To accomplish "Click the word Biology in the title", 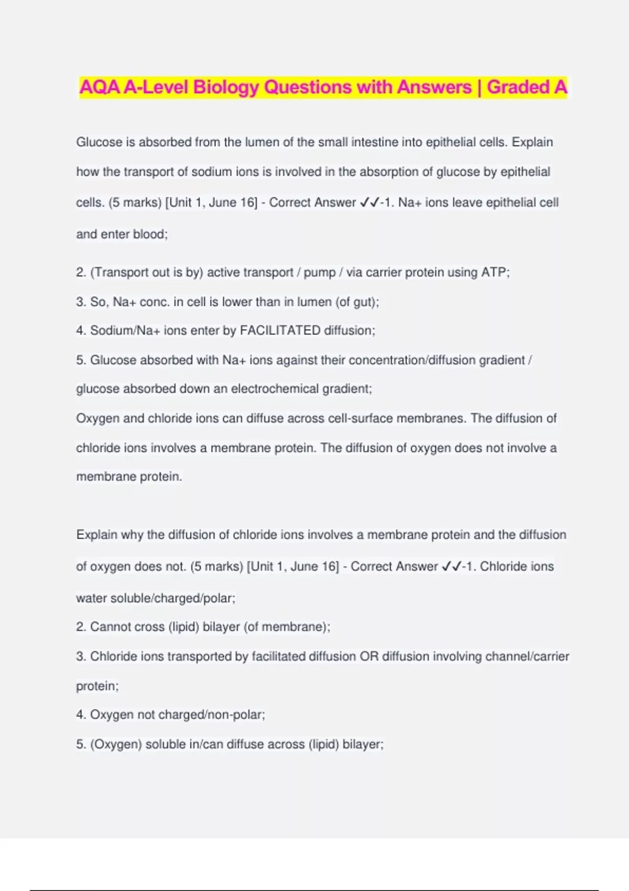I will (226, 87).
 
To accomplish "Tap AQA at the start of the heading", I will (100, 87).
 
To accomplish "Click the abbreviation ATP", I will (493, 273).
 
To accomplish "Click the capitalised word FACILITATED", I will (280, 331).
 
